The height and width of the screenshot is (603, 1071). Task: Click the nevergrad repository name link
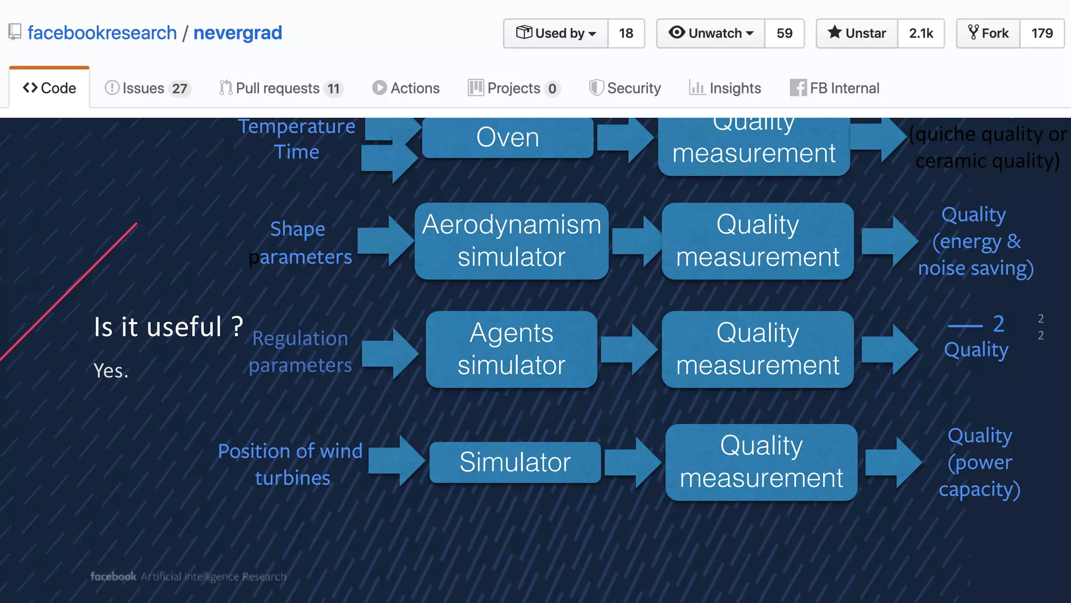point(237,33)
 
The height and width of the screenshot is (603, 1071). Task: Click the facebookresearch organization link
point(102,33)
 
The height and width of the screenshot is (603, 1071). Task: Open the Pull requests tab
point(281,88)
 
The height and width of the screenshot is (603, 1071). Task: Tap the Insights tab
point(725,88)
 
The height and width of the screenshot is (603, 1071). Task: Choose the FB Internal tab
point(835,88)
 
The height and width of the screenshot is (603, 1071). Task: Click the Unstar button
point(857,33)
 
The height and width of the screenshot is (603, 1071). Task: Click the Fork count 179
point(1042,33)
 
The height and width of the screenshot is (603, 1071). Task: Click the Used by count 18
point(626,33)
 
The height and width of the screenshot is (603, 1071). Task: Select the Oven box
point(507,138)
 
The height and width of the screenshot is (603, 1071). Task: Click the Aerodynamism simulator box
point(511,241)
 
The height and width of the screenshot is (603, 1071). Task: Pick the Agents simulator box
point(511,349)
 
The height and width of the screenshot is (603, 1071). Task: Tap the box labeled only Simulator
point(515,462)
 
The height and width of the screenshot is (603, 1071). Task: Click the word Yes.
point(111,371)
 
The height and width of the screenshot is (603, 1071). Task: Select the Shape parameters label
point(299,243)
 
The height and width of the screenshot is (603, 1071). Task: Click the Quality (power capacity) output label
point(979,462)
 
